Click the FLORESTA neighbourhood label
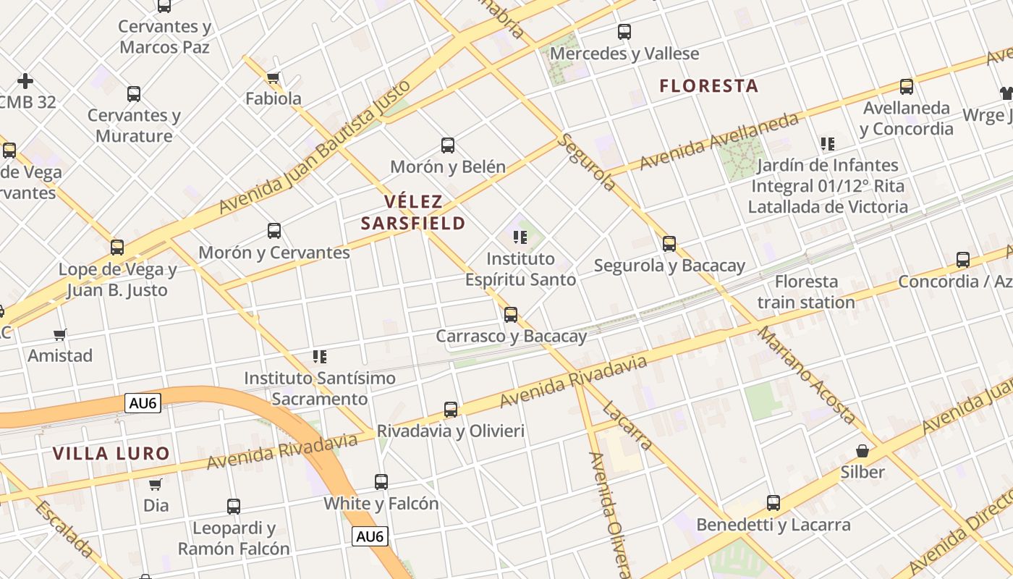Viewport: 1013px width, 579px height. click(708, 86)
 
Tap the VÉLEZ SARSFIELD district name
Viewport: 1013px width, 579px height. click(413, 212)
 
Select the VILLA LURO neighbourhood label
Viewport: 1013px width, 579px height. click(111, 454)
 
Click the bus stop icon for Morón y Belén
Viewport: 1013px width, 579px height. click(448, 145)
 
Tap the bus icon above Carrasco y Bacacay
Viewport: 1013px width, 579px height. click(511, 315)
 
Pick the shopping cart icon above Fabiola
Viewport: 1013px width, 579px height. click(273, 77)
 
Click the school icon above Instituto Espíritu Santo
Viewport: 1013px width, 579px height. click(520, 237)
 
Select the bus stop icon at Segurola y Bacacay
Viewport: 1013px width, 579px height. click(669, 244)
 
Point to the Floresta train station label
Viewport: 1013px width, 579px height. click(806, 292)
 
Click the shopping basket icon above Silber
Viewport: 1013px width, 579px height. click(862, 451)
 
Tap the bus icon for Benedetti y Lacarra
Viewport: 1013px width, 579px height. click(773, 503)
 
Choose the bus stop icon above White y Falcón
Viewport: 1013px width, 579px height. click(381, 482)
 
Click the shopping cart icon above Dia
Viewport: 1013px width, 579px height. click(156, 484)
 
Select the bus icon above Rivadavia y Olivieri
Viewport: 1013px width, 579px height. click(451, 410)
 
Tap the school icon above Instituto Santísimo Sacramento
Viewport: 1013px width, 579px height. click(320, 356)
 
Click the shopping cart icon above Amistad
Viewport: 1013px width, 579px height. click(60, 334)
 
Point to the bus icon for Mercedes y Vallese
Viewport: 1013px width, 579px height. click(624, 32)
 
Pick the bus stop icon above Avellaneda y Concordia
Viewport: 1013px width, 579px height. click(907, 87)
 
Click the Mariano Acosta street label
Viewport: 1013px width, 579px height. click(807, 374)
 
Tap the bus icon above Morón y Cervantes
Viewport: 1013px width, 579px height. click(274, 231)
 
